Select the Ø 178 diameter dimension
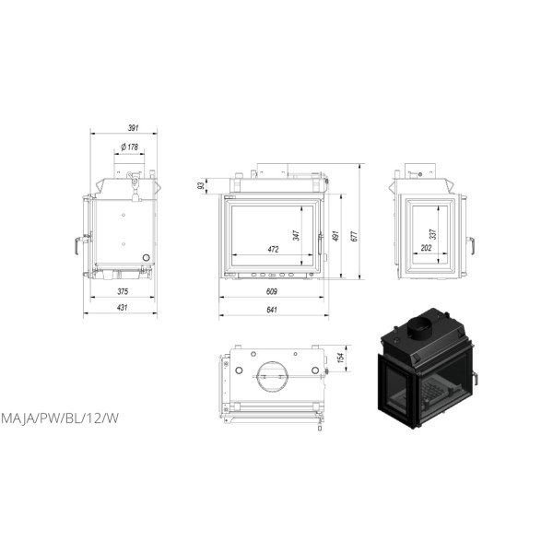pyautogui.click(x=129, y=147)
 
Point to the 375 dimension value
pyautogui.click(x=123, y=291)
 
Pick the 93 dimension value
pyautogui.click(x=201, y=186)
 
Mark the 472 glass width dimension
pyautogui.click(x=273, y=249)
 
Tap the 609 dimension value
pyautogui.click(x=272, y=291)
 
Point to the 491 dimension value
pyautogui.click(x=336, y=236)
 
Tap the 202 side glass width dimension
pyautogui.click(x=425, y=249)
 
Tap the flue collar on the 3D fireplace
pyautogui.click(x=422, y=326)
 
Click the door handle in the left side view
pyautogui.click(x=75, y=246)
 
